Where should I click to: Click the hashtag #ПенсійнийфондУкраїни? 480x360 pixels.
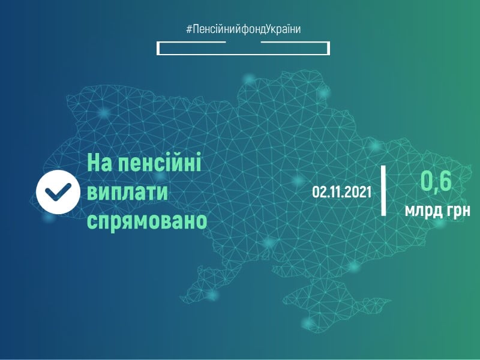click(x=243, y=28)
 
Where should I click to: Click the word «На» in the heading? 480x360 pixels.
click(x=102, y=163)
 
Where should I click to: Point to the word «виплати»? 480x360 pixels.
click(x=128, y=192)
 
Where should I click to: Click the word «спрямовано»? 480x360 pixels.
click(x=147, y=221)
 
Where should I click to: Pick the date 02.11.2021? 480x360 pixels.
click(x=341, y=192)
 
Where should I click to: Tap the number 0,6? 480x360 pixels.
click(x=435, y=181)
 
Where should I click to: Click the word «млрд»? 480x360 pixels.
click(x=423, y=211)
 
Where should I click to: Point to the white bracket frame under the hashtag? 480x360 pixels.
click(x=243, y=48)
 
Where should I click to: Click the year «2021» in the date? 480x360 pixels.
click(x=358, y=192)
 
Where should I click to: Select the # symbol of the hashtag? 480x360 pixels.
click(x=189, y=28)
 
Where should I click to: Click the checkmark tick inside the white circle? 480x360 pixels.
click(x=58, y=191)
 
